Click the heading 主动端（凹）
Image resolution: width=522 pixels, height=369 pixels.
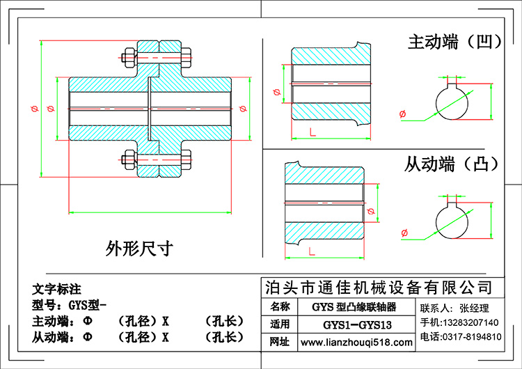pyautogui.click(x=454, y=42)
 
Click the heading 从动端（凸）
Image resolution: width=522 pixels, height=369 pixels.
pyautogui.click(x=452, y=164)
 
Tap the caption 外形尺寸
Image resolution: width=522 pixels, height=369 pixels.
pyautogui.click(x=139, y=249)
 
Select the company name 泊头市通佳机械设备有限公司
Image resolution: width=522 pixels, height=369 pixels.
pyautogui.click(x=379, y=288)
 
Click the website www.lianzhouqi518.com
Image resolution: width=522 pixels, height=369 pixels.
pyautogui.click(x=356, y=343)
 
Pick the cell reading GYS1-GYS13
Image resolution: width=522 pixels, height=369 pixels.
pyautogui.click(x=357, y=324)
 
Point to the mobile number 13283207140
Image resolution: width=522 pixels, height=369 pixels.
pyautogui.click(x=470, y=322)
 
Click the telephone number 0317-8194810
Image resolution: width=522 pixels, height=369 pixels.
pyautogui.click(x=472, y=337)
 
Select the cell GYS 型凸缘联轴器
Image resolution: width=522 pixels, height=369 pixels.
pyautogui.click(x=354, y=307)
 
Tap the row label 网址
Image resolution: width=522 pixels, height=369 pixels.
pyautogui.click(x=279, y=342)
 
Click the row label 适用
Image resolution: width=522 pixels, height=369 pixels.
pyautogui.click(x=279, y=324)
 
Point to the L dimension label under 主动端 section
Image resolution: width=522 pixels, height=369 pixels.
pyautogui.click(x=313, y=132)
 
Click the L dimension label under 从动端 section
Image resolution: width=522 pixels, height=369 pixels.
pyautogui.click(x=312, y=251)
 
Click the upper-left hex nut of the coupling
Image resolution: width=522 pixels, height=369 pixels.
pyautogui.click(x=129, y=58)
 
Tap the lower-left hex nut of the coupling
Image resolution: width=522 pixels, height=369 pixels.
pyautogui.click(x=129, y=160)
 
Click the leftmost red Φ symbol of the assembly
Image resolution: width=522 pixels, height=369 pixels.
pyautogui.click(x=34, y=109)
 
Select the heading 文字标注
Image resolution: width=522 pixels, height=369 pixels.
pyautogui.click(x=56, y=289)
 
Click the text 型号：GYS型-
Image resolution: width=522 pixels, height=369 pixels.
pyautogui.click(x=69, y=305)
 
